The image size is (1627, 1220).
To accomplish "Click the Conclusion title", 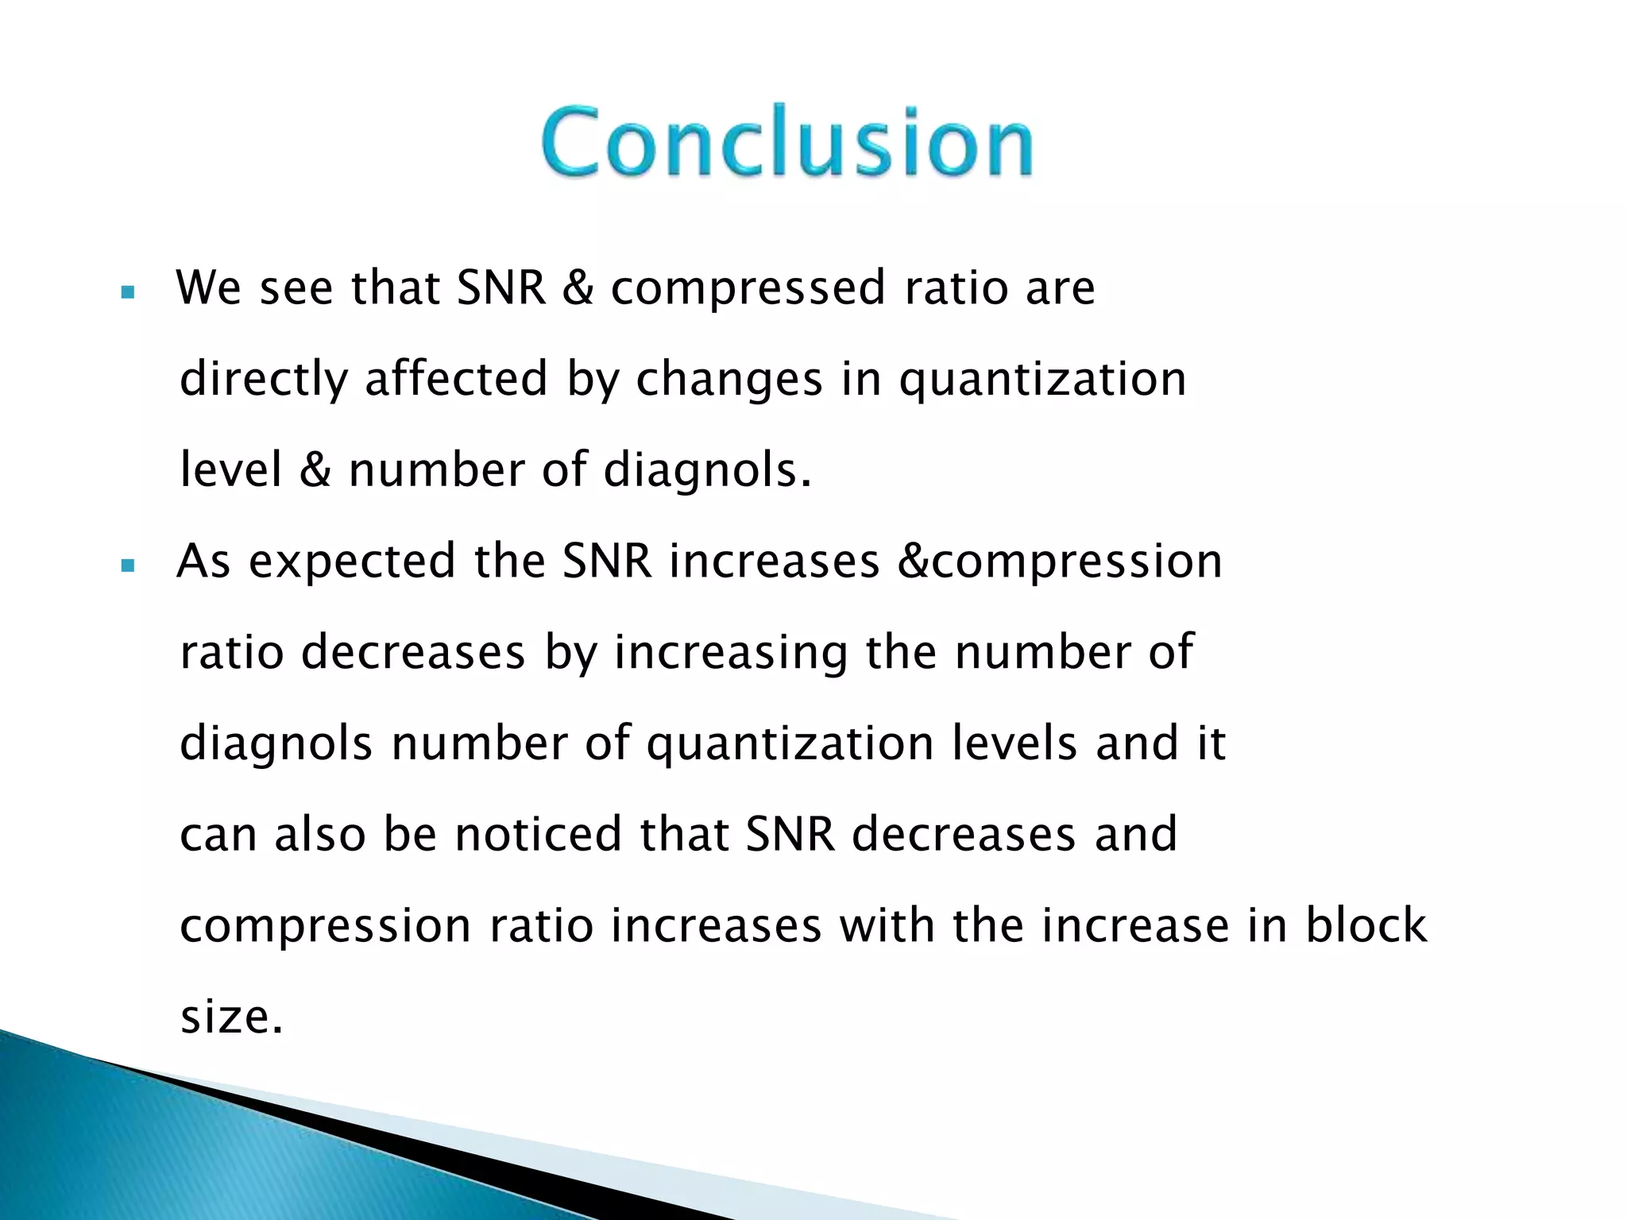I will pos(786,141).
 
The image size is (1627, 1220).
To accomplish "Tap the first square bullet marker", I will pos(127,292).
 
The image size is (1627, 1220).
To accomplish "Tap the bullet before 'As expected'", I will pos(127,566).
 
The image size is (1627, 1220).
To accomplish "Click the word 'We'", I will pos(208,288).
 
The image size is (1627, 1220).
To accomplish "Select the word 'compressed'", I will pos(748,288).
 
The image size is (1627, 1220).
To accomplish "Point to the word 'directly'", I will pos(264,380).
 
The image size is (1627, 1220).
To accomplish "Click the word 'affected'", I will pos(456,378).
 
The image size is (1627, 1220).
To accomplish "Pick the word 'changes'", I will pos(728,380).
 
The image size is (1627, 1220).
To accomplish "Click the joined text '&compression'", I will pos(1060,562).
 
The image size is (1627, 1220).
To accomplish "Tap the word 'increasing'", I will pos(730,654).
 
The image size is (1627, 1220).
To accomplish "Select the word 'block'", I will pos(1366,925).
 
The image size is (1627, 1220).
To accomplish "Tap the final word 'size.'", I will pos(231,1017).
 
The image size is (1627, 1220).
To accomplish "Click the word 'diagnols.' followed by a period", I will pos(707,471).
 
